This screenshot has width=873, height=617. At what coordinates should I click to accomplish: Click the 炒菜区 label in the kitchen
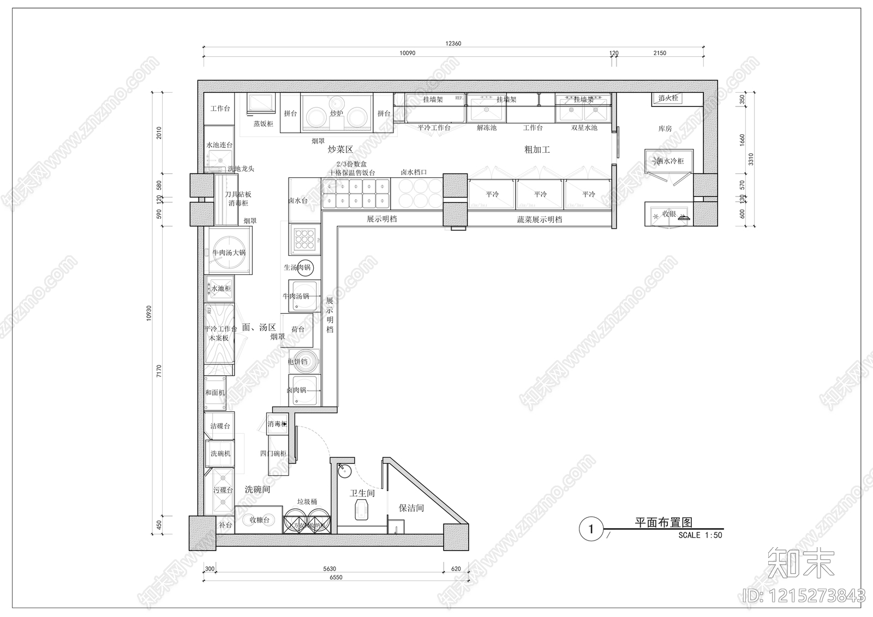pyautogui.click(x=340, y=149)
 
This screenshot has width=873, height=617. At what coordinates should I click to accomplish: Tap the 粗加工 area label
pyautogui.click(x=537, y=149)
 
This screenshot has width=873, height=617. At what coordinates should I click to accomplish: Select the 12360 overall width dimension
pyautogui.click(x=453, y=44)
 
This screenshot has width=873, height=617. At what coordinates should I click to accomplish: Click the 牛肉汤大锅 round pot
pyautogui.click(x=229, y=253)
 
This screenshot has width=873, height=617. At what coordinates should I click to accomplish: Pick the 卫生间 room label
pyautogui.click(x=362, y=493)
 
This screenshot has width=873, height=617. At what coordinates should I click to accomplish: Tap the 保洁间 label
pyautogui.click(x=411, y=508)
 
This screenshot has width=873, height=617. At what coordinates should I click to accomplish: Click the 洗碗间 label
pyautogui.click(x=258, y=490)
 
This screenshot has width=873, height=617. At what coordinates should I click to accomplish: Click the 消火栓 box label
pyautogui.click(x=668, y=98)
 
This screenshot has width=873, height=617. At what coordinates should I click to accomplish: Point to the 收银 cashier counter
pyautogui.click(x=669, y=214)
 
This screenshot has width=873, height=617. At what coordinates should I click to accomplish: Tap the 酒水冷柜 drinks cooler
pyautogui.click(x=670, y=161)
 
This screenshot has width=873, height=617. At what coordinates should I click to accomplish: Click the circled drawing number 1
pyautogui.click(x=590, y=529)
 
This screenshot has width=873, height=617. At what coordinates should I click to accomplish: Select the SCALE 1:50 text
pyautogui.click(x=700, y=535)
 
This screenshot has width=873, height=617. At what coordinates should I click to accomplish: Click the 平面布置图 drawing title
pyautogui.click(x=663, y=523)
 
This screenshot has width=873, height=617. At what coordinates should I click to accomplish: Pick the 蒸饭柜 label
pyautogui.click(x=263, y=124)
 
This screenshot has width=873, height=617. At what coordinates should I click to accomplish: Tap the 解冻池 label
pyautogui.click(x=487, y=128)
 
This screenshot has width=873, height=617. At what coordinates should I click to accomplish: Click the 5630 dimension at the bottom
pyautogui.click(x=330, y=568)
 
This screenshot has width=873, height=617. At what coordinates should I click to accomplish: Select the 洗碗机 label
pyautogui.click(x=220, y=453)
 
